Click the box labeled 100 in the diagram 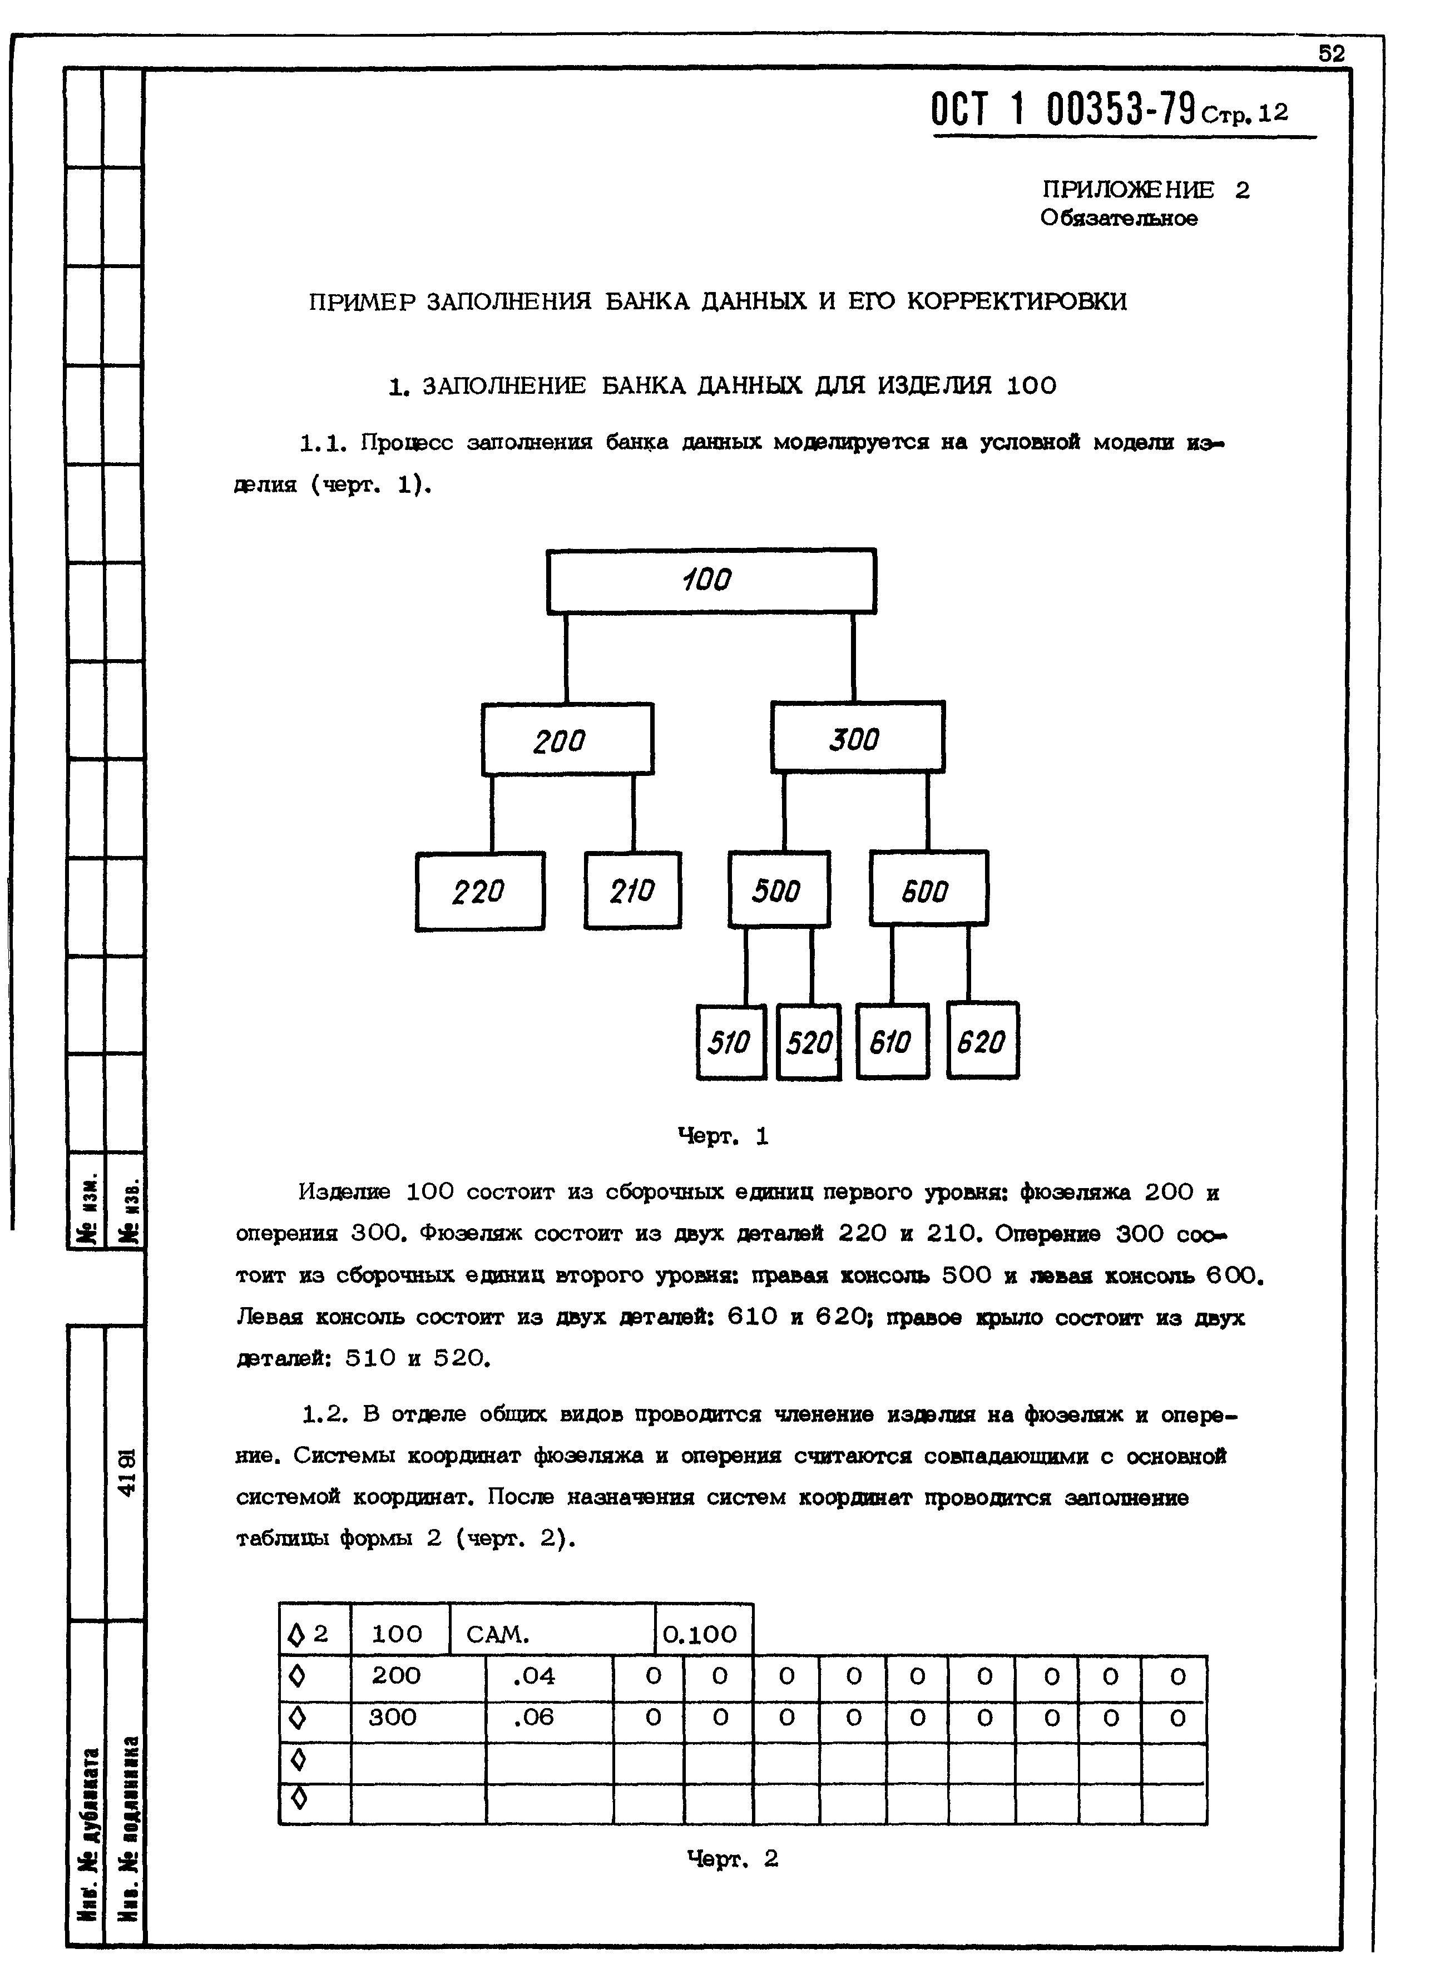point(711,580)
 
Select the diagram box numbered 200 point(567,739)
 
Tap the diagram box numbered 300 point(857,738)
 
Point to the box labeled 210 point(632,891)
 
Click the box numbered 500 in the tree point(778,889)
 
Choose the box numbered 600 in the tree point(928,889)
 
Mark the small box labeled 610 point(892,1041)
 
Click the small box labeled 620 point(982,1041)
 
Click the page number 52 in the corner point(1332,54)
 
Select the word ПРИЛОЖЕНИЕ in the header point(1127,190)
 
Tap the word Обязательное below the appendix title point(1119,219)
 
